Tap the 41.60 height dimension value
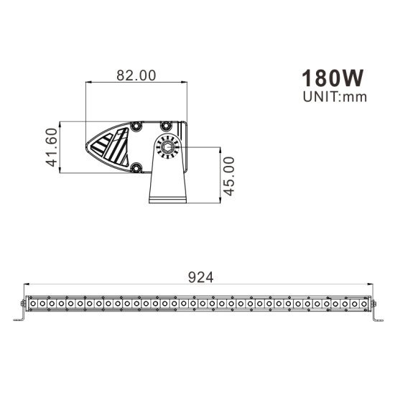tap(51, 148)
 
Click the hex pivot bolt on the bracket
tap(167, 149)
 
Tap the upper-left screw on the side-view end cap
tap(134, 126)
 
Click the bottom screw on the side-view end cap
tap(136, 169)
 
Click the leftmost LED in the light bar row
tap(32, 305)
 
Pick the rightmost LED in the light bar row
tap(363, 305)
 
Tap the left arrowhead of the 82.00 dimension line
tap(88, 83)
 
